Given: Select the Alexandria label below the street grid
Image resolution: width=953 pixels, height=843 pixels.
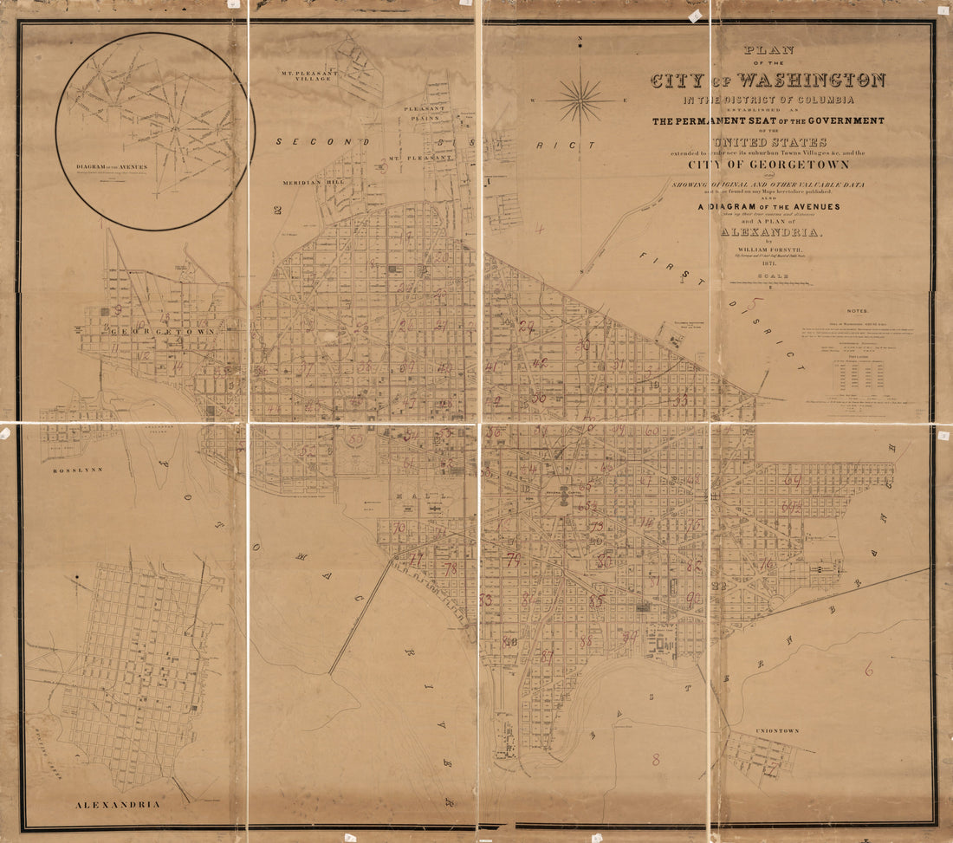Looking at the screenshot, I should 117,805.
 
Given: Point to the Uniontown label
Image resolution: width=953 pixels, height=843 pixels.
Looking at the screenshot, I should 776,731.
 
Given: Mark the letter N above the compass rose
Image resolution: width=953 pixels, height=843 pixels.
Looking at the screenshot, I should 580,39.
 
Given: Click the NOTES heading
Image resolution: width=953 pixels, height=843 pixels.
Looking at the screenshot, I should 857,310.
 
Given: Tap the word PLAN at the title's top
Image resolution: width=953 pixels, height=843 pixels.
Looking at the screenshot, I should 768,50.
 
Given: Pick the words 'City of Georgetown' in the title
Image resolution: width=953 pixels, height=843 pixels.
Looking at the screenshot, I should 768,164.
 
